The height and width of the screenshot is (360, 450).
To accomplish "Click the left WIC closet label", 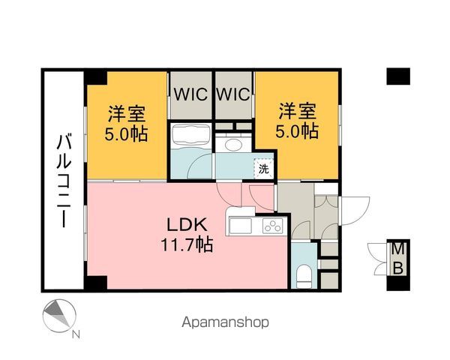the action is (190, 94).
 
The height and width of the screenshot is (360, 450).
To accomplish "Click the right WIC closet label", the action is (233, 94).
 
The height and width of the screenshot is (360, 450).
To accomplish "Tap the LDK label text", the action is (187, 225).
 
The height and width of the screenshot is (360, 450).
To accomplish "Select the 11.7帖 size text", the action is (187, 244).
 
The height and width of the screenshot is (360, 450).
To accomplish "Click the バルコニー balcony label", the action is (64, 180).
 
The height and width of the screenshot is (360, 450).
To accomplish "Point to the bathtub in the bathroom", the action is (190, 136).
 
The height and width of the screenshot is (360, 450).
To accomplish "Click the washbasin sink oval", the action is (234, 145).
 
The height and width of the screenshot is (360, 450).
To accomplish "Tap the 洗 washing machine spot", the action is (264, 169).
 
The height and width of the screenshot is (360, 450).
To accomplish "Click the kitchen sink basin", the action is (241, 226).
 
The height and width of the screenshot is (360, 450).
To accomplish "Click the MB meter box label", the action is (398, 259).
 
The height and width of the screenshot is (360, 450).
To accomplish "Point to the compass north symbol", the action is (59, 316).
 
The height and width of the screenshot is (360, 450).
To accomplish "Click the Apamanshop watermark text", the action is (225, 322).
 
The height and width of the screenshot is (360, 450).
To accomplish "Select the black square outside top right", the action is (398, 76).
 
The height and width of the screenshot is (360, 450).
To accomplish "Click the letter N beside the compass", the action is (76, 334).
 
